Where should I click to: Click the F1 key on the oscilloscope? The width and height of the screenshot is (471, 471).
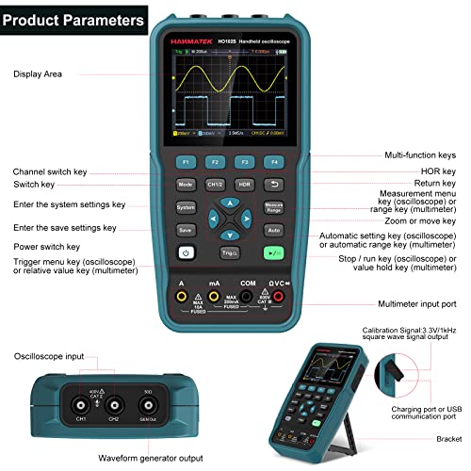coord(187,162)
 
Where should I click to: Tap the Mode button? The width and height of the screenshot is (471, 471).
coord(187,185)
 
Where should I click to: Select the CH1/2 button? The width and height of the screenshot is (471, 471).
coord(216,185)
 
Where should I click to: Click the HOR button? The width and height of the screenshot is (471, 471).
coord(245,185)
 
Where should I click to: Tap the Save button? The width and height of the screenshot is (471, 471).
coord(187,230)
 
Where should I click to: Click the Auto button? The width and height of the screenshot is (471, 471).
coord(274,230)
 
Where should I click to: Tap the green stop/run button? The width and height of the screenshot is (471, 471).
coord(273,252)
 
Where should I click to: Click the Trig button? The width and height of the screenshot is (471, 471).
coord(229,252)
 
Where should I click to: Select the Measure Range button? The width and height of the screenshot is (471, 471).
coord(274,207)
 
